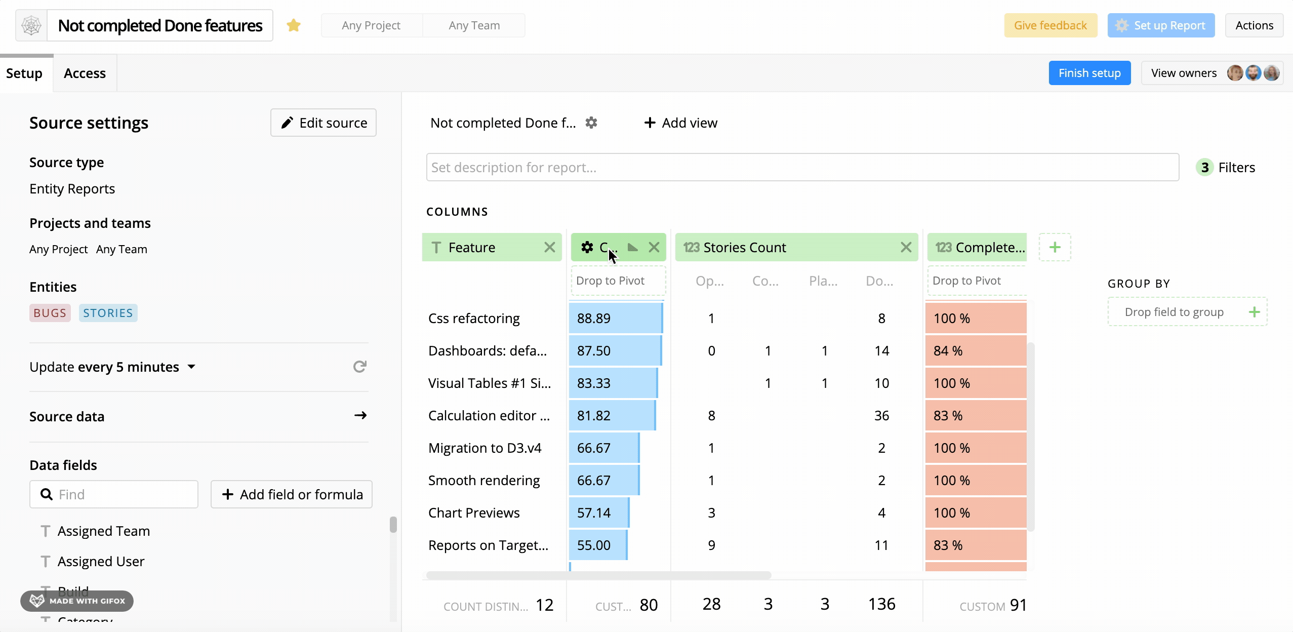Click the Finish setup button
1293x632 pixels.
click(x=1089, y=73)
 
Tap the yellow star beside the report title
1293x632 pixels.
click(x=294, y=25)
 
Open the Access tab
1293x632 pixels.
click(x=85, y=73)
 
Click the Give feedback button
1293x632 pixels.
click(x=1050, y=25)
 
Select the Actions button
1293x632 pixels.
click(x=1254, y=25)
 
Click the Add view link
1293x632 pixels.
click(x=680, y=123)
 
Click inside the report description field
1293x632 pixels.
click(x=802, y=167)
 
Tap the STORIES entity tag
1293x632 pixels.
click(x=108, y=313)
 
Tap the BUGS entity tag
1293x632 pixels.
click(x=50, y=313)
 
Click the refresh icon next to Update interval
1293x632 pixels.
click(x=359, y=367)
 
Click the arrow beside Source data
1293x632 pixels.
click(x=360, y=416)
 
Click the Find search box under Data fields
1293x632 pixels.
click(x=114, y=494)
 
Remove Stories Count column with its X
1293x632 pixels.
click(x=906, y=247)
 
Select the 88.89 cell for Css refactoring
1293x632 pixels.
click(x=615, y=318)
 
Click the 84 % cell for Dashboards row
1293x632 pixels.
click(x=975, y=350)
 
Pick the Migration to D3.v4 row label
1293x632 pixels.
click(x=484, y=448)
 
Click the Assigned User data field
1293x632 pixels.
click(x=101, y=561)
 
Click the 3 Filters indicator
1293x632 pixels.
click(x=1226, y=167)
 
